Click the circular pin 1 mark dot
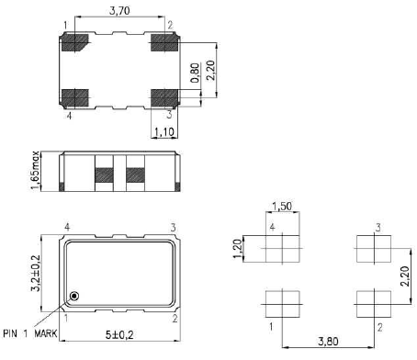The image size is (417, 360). click(75, 296)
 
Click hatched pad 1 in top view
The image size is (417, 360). click(74, 41)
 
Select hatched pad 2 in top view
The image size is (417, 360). click(164, 41)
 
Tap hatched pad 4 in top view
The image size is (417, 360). click(74, 96)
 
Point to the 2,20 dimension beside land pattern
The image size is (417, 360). click(405, 276)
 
